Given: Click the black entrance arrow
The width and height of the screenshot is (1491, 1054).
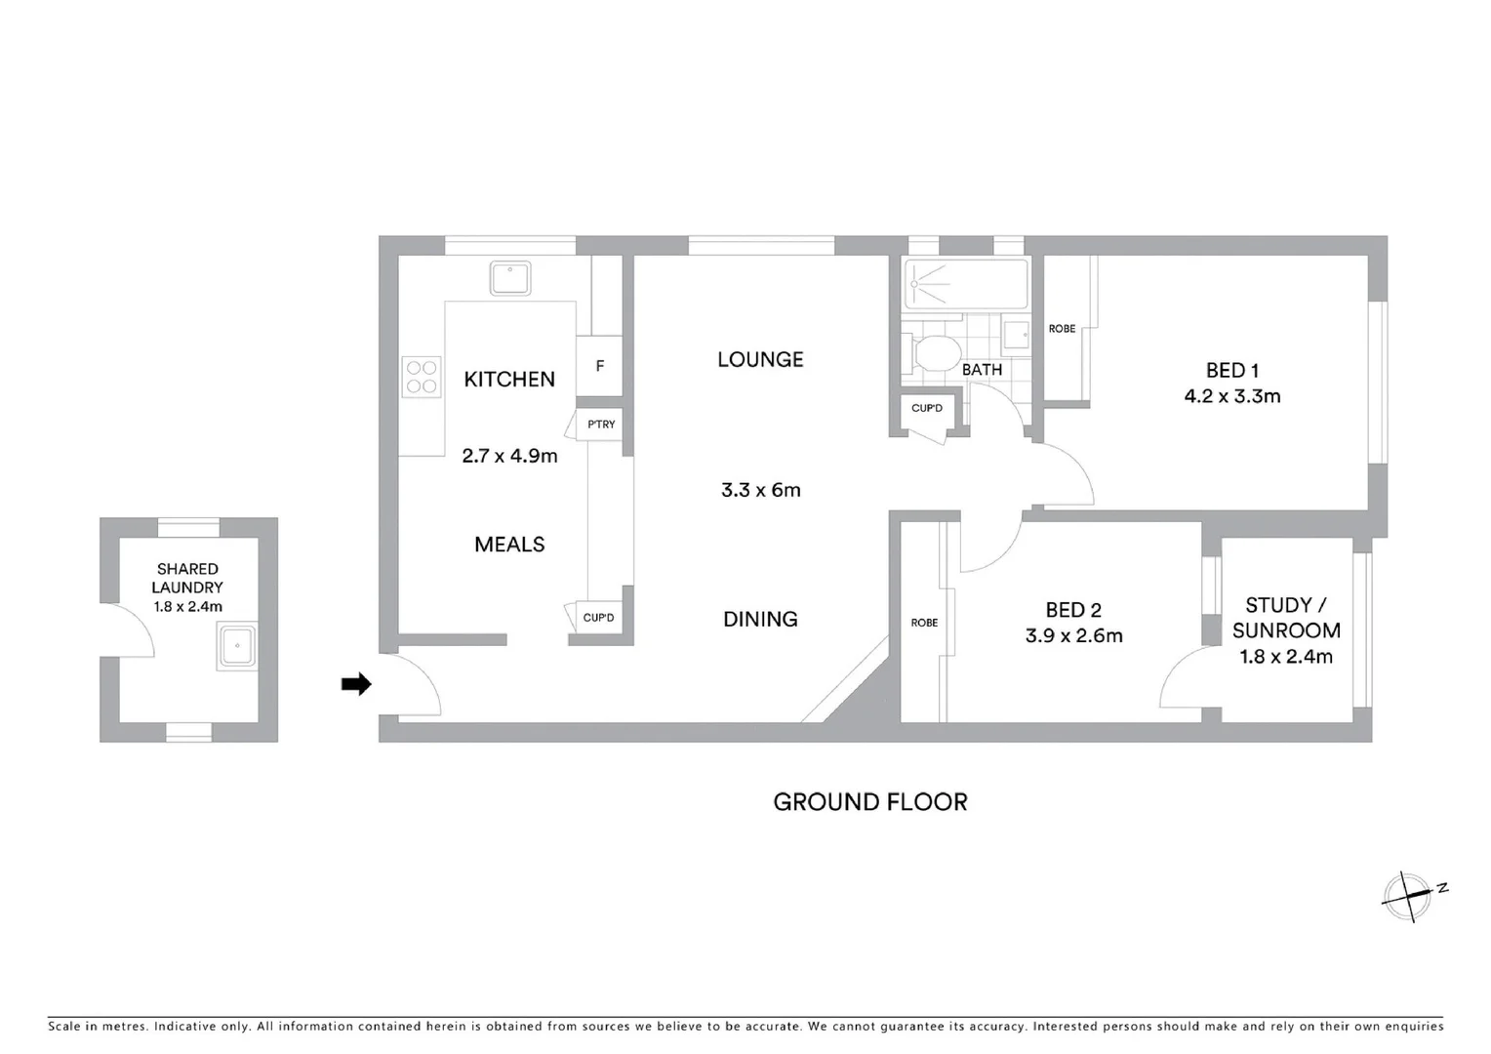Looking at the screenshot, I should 356,684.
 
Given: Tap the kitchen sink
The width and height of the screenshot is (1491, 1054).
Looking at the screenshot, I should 509,278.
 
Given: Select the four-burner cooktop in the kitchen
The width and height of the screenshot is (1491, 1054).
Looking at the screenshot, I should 422,378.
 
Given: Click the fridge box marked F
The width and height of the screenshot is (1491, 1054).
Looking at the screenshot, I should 599,366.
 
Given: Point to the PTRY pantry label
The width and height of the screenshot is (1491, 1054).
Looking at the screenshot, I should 601,425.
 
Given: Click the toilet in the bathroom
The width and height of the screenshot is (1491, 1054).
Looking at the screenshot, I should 935,353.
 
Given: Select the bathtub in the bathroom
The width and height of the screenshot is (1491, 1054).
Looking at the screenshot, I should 966,284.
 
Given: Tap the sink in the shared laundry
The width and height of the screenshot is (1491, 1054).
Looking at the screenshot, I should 237,646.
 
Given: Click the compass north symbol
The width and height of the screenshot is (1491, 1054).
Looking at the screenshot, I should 1410,894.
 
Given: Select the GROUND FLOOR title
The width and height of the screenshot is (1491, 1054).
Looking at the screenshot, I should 869,802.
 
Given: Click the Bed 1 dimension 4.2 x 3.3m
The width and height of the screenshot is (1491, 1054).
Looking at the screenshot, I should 1231,396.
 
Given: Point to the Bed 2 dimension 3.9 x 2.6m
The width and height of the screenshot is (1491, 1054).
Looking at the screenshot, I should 1073,636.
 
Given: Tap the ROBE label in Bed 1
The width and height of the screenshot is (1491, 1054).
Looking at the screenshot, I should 1062,329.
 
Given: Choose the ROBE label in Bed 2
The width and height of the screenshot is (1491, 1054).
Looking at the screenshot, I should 923,623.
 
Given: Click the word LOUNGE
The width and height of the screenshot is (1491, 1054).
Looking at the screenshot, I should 760,359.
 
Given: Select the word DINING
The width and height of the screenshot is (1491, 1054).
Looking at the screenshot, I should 760,619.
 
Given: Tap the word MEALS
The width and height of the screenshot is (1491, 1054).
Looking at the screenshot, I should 509,545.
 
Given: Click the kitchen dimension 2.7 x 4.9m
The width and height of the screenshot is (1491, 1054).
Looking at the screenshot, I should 509,455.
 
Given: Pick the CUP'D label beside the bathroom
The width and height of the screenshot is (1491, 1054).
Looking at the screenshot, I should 926,408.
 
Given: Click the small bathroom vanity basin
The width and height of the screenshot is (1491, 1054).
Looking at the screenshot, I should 1016,335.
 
